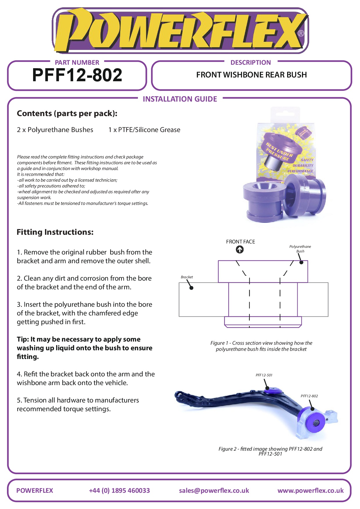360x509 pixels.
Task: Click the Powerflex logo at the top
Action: pos(180,30)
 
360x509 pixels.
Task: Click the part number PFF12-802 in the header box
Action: pos(77,75)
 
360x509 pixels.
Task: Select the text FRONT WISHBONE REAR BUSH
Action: pos(251,75)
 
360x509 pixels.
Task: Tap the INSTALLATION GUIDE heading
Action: pos(180,99)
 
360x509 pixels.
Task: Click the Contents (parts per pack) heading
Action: pos(67,113)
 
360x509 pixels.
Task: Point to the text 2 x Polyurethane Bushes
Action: pos(55,130)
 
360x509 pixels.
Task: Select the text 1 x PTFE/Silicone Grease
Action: pos(144,130)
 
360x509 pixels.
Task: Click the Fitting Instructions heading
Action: pos(55,232)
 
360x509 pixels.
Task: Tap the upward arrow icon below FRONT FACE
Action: pos(240,250)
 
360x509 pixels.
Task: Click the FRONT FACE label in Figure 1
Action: pos(240,242)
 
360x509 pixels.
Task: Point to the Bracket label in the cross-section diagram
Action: pos(187,277)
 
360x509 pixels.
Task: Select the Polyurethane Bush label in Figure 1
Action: pos(300,249)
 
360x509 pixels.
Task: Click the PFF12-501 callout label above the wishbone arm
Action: pos(264,375)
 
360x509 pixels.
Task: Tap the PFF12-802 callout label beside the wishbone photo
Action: pos(309,396)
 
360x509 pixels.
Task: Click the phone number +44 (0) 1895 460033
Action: pos(119,490)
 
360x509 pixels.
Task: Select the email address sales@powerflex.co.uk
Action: pos(214,490)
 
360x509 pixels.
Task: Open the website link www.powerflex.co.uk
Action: pos(310,490)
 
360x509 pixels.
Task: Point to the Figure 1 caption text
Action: pos(261,346)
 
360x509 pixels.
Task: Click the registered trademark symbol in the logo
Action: pos(301,33)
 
